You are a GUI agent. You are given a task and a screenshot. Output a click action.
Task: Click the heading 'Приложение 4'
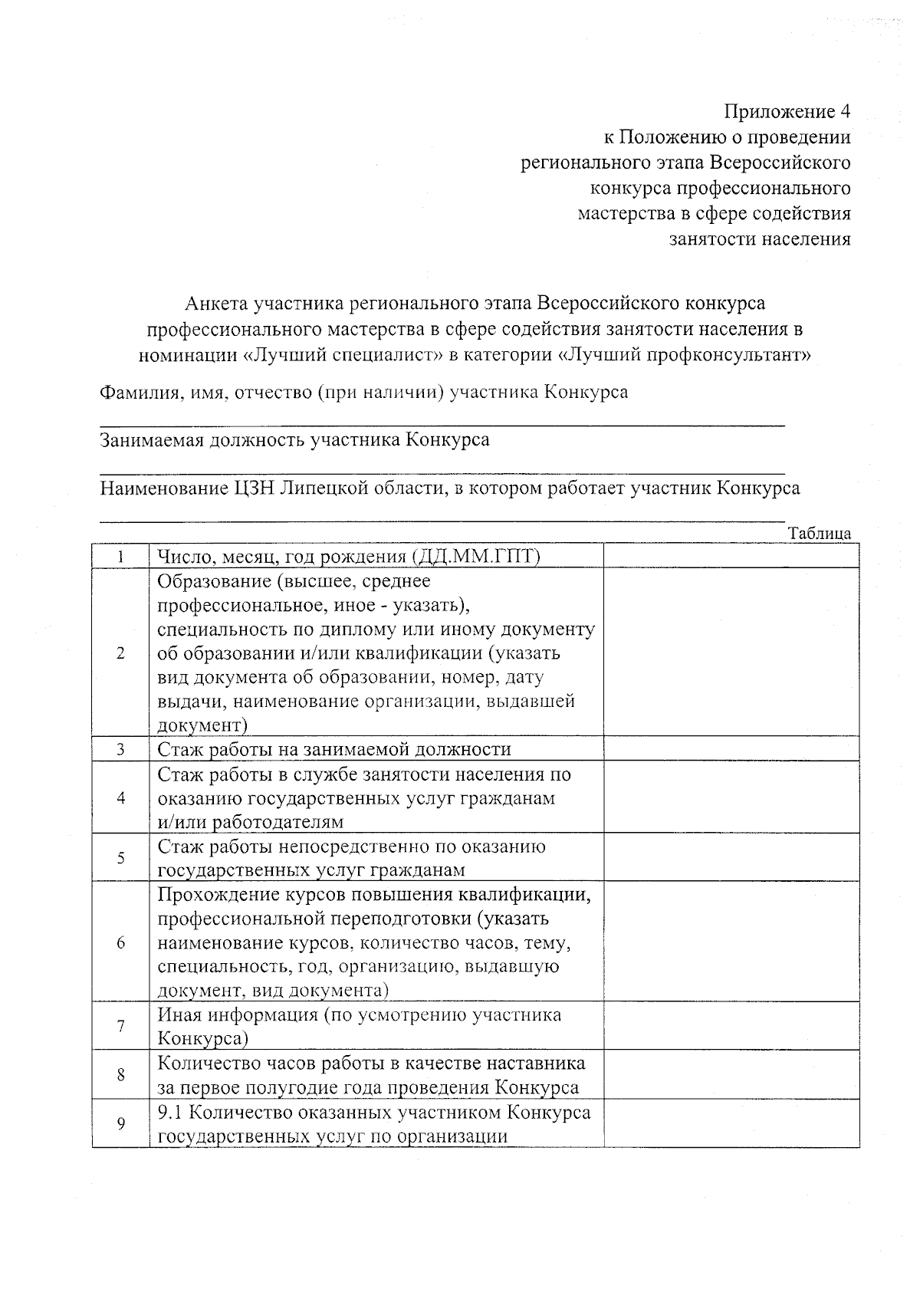click(787, 112)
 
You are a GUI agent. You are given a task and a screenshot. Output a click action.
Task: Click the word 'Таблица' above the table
click(820, 534)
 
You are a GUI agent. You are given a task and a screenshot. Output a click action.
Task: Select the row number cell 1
click(120, 556)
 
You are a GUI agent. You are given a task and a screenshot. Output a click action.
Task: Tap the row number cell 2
click(120, 653)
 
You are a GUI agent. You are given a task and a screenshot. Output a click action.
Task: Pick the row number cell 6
click(120, 942)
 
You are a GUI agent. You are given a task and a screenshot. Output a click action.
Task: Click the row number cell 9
click(120, 1123)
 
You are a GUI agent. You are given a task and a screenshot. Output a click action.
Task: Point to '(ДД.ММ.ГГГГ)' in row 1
click(475, 557)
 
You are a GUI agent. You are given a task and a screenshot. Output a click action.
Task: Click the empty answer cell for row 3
click(731, 749)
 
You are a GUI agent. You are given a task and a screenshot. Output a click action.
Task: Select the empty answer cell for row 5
click(731, 858)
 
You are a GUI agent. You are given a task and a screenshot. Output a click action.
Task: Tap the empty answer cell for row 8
click(731, 1075)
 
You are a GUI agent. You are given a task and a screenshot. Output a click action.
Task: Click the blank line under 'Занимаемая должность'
click(442, 471)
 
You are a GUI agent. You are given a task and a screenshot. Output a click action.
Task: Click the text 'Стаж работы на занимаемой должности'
click(334, 749)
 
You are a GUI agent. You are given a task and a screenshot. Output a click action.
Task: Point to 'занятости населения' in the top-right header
click(760, 239)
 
